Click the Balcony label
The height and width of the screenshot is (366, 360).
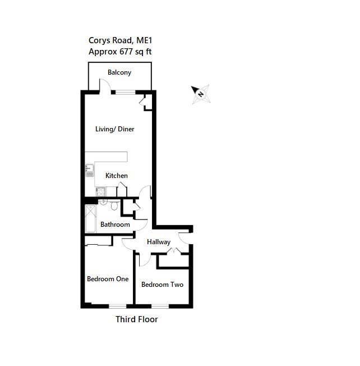pos(119,72)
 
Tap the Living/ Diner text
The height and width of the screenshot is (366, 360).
pos(114,129)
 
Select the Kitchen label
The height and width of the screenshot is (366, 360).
pos(117,176)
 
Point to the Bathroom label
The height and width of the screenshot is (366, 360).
pos(115,225)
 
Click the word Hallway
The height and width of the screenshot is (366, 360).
pos(159,242)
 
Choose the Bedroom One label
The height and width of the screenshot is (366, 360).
pos(108,278)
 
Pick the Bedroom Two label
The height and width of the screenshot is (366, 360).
pos(162,285)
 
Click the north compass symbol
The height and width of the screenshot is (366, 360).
pos(200,93)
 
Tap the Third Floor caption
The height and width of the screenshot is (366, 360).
pos(136,320)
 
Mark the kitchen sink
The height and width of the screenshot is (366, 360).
pos(89,170)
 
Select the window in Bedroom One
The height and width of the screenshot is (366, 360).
pos(117,305)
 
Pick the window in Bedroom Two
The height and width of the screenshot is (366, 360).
pos(159,305)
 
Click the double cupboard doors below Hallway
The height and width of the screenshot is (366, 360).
pos(174,253)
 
